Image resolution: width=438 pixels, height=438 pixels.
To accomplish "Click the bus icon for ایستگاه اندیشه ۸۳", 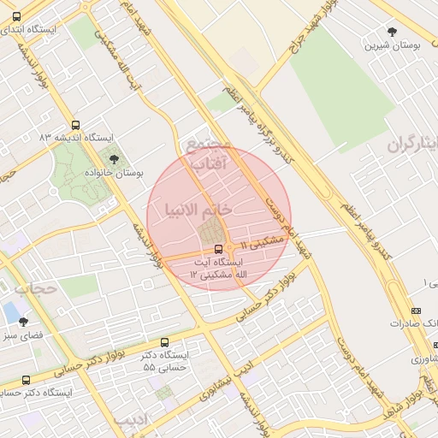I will [77, 125].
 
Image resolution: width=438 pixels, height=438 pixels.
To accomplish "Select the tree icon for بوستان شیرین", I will [393, 33].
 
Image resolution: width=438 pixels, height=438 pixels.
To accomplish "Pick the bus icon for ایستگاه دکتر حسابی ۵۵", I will [165, 342].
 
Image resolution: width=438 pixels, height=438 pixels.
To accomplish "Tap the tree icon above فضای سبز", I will [23, 323].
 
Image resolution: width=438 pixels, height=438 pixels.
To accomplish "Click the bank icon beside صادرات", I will [417, 311].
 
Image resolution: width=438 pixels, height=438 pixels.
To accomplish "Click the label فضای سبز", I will [27, 337].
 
